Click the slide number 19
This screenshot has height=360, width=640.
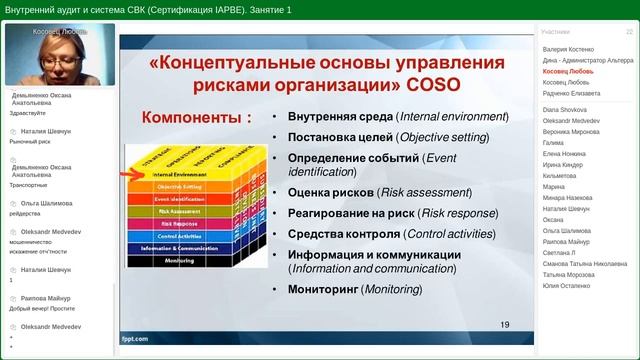point(504,324)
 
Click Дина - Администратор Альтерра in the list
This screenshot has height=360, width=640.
point(587,60)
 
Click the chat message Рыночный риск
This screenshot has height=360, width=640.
point(30,141)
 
